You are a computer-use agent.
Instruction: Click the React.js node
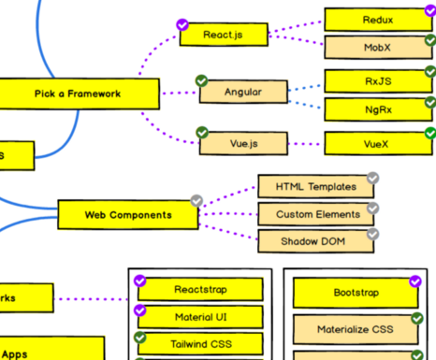(224, 36)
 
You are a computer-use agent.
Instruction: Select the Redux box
(378, 20)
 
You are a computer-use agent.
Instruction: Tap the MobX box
(378, 47)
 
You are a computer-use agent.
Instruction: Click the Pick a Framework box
(78, 94)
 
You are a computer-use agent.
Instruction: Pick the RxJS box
(378, 81)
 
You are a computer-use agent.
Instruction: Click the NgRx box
(378, 109)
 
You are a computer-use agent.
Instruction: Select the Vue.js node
(243, 143)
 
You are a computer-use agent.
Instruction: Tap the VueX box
(378, 144)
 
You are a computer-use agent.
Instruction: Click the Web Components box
(128, 214)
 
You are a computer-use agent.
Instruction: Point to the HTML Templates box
(316, 187)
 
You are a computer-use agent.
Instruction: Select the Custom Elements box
(317, 214)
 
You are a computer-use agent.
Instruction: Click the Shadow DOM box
(317, 241)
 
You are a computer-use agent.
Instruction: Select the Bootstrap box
(356, 293)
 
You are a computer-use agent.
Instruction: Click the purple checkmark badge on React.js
(182, 25)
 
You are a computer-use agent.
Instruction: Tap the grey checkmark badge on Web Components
(196, 201)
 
